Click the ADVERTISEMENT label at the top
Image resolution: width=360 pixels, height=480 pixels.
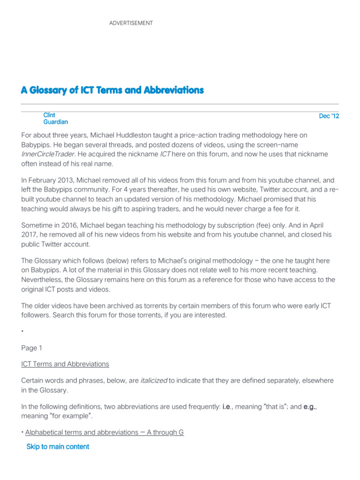[x=131, y=23]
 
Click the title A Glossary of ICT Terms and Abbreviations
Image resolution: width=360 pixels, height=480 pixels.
[x=112, y=90]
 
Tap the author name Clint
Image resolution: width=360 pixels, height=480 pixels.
[x=49, y=115]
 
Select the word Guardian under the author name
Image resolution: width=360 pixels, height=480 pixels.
[x=56, y=122]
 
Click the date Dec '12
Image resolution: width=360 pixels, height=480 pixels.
[x=329, y=116]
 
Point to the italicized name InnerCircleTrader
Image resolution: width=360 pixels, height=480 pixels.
[x=47, y=154]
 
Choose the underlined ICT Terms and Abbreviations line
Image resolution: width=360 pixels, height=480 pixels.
[x=65, y=364]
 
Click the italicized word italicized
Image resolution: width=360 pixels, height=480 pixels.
[x=154, y=380]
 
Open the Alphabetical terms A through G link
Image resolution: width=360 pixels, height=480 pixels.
[x=104, y=432]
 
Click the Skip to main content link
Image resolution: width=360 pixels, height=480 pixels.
[x=58, y=447]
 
